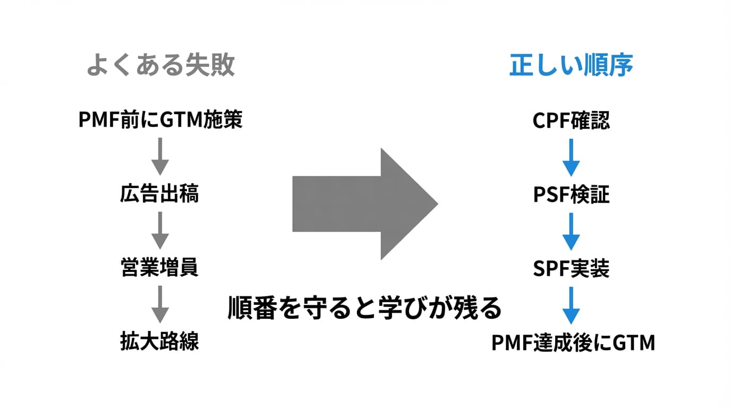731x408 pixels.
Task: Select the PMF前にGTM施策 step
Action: coord(160,121)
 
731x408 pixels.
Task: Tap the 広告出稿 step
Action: coord(160,194)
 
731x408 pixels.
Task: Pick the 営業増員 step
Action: coord(160,268)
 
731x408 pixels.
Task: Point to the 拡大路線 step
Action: coord(160,342)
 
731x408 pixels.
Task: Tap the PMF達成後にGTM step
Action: coord(573,343)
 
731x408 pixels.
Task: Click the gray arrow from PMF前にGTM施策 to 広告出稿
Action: coord(160,156)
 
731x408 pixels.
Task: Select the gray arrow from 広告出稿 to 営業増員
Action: coord(160,230)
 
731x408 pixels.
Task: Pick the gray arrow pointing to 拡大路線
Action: coord(160,304)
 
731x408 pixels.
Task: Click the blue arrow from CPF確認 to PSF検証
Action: coord(571,157)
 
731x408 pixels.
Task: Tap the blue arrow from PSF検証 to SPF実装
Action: coord(571,231)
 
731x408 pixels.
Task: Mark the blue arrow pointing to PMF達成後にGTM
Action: coord(571,305)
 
